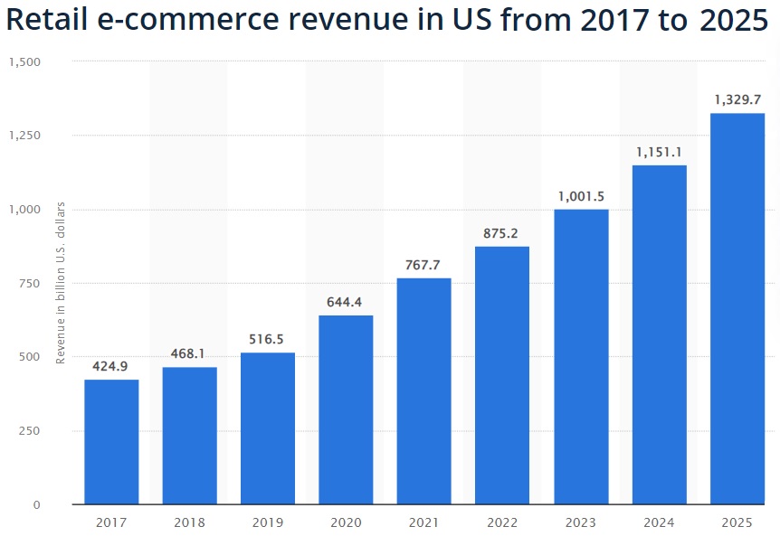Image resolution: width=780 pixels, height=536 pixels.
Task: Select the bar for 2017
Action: [111, 442]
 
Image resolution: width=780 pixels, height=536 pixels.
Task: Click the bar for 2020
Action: [346, 409]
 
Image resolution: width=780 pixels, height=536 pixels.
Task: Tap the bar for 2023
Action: [581, 357]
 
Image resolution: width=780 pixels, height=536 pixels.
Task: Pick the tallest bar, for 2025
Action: [737, 308]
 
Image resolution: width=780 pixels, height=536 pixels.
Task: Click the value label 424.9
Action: [111, 368]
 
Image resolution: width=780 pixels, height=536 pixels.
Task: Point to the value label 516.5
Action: [268, 340]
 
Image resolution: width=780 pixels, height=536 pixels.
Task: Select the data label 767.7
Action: [424, 266]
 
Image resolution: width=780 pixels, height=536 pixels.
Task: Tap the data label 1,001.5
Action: [581, 196]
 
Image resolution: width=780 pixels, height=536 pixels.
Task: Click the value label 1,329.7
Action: [737, 99]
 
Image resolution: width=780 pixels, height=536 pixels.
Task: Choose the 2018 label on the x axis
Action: [190, 522]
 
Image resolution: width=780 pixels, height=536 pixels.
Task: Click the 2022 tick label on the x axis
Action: [502, 522]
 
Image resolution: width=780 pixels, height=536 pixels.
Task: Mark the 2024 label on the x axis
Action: [659, 522]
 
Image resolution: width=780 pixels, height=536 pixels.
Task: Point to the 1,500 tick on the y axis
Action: [24, 62]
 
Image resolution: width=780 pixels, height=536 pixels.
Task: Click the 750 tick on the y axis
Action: [30, 284]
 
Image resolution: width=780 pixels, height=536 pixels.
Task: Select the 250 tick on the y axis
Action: [30, 431]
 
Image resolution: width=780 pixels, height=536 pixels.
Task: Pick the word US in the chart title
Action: [443, 21]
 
